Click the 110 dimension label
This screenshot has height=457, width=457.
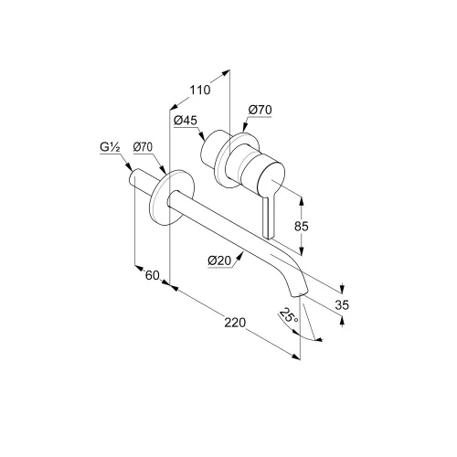click(200, 90)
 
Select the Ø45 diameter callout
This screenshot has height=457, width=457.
click(186, 121)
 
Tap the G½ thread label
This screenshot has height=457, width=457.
click(110, 147)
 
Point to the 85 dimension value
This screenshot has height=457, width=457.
click(302, 227)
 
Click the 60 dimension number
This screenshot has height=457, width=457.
click(153, 275)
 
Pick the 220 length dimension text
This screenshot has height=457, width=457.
click(235, 323)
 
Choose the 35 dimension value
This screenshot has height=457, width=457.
click(342, 304)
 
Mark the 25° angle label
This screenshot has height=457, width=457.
click(288, 316)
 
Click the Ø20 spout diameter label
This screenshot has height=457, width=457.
click(219, 260)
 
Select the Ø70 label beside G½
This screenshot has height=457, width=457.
click(143, 147)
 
